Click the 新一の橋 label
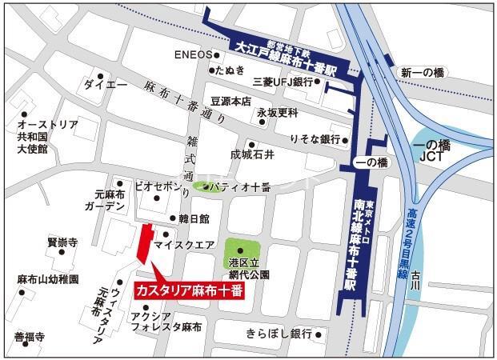click(422, 73)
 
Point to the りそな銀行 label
click(315, 138)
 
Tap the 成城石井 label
click(252, 154)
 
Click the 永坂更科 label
click(277, 113)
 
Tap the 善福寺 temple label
click(29, 337)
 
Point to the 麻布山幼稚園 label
click(48, 280)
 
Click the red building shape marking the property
click(143, 242)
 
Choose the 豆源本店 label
click(231, 102)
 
